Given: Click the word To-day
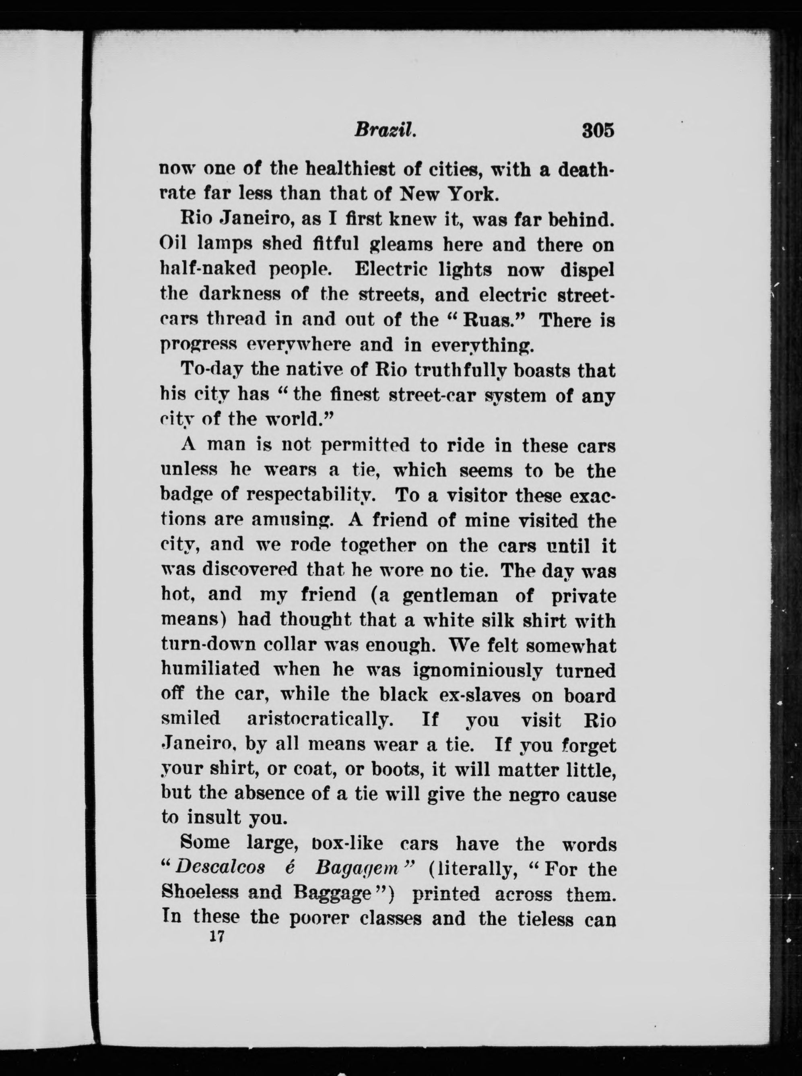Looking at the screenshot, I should [211, 370].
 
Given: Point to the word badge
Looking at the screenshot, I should [187, 495].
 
